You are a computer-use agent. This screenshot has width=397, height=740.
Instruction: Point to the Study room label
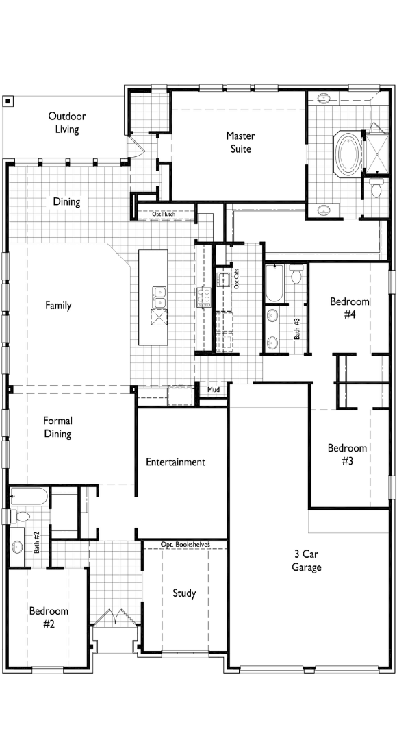pyautogui.click(x=183, y=593)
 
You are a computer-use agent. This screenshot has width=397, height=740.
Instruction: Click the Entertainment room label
pyautogui.click(x=175, y=462)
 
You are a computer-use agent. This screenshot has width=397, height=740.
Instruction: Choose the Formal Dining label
pyautogui.click(x=57, y=428)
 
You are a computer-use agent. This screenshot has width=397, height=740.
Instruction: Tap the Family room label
pyautogui.click(x=58, y=306)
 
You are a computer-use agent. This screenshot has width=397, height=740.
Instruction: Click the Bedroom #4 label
pyautogui.click(x=350, y=308)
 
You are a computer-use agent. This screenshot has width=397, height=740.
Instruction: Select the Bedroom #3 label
pyautogui.click(x=347, y=455)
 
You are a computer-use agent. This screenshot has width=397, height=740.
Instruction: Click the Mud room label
pyautogui.click(x=213, y=391)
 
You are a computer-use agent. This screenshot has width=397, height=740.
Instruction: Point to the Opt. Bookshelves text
pyautogui.click(x=185, y=545)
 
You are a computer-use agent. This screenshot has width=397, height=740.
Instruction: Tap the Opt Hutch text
pyautogui.click(x=164, y=214)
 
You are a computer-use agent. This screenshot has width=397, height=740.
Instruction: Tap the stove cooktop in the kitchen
pyautogui.click(x=203, y=297)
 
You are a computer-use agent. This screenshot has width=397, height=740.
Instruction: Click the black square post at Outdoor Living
pyautogui.click(x=8, y=101)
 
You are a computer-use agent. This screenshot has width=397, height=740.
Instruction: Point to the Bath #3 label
pyautogui.click(x=297, y=329)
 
